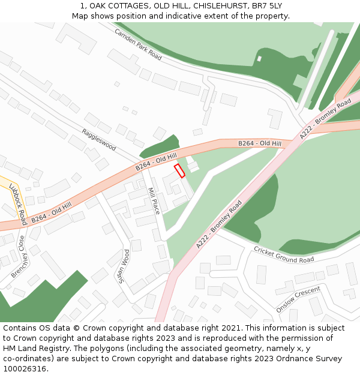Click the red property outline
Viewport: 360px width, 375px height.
click(179, 171)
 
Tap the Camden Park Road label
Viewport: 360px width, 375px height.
click(138, 45)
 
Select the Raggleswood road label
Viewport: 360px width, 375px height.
click(99, 139)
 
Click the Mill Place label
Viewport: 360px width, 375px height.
click(154, 201)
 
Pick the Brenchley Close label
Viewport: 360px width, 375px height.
click(19, 256)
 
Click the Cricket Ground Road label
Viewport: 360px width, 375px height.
click(283, 255)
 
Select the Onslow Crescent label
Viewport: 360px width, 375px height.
click(298, 299)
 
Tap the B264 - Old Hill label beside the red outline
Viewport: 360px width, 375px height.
click(156, 160)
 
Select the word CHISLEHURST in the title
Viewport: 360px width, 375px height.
click(219, 6)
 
